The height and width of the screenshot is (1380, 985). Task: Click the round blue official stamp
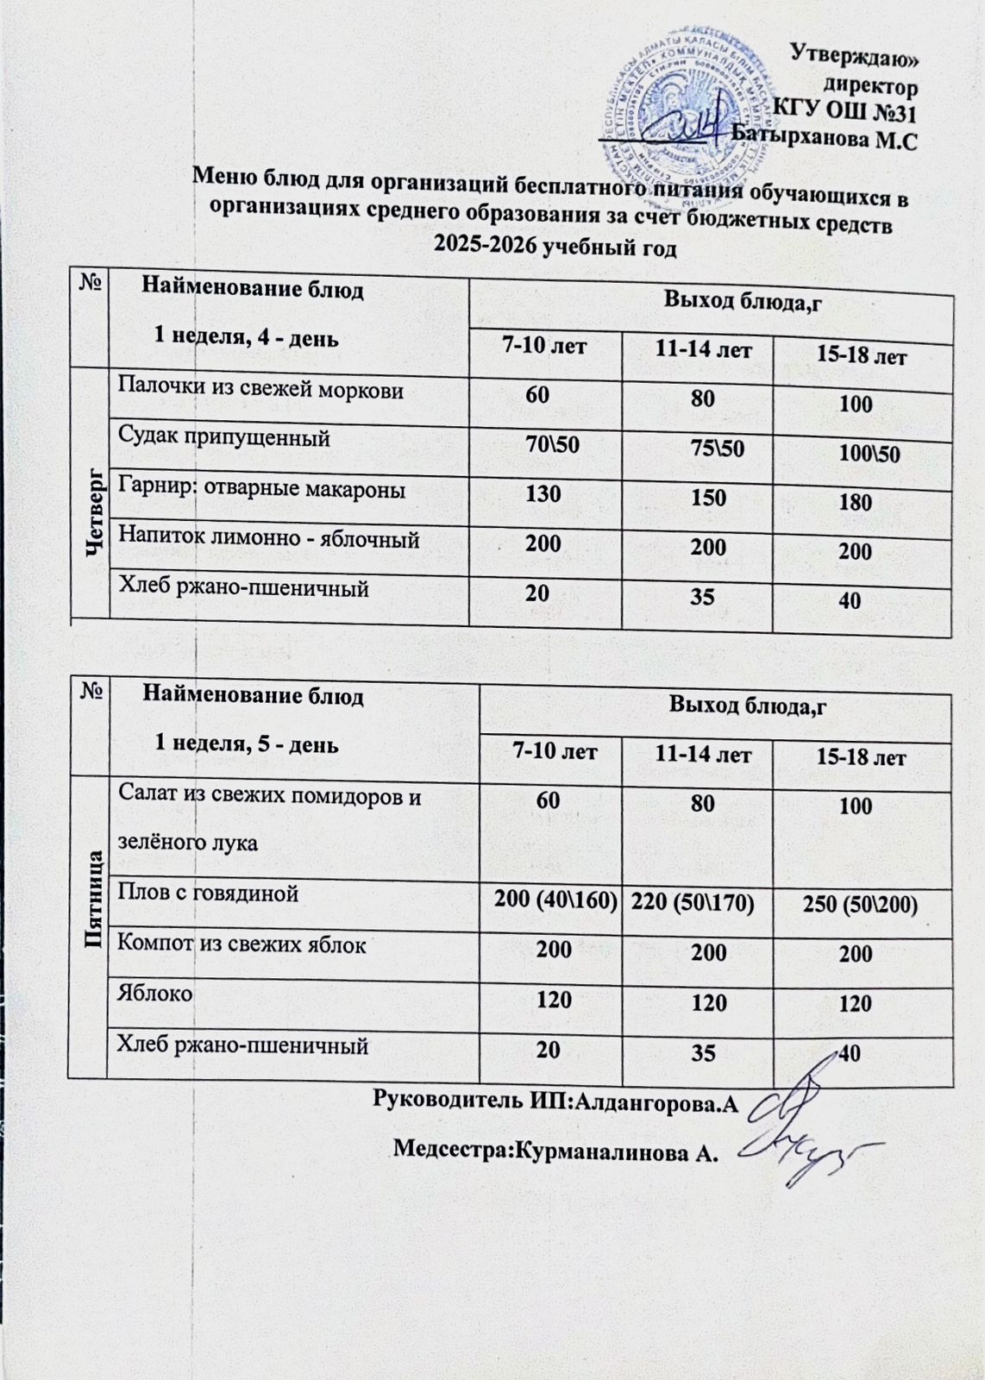[681, 112]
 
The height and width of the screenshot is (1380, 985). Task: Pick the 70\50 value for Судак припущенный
[553, 444]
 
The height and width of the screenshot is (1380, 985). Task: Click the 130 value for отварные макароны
[543, 493]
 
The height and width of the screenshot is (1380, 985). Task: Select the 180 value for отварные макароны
[855, 502]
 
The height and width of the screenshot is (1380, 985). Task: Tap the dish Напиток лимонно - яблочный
[268, 540]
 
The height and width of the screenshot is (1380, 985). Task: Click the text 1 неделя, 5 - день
[246, 744]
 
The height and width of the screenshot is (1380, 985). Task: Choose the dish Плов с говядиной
[208, 894]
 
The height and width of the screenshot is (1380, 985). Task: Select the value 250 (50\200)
[859, 905]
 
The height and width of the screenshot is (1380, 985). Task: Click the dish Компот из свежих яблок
[242, 944]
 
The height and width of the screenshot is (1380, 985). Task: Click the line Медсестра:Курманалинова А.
[555, 1150]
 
